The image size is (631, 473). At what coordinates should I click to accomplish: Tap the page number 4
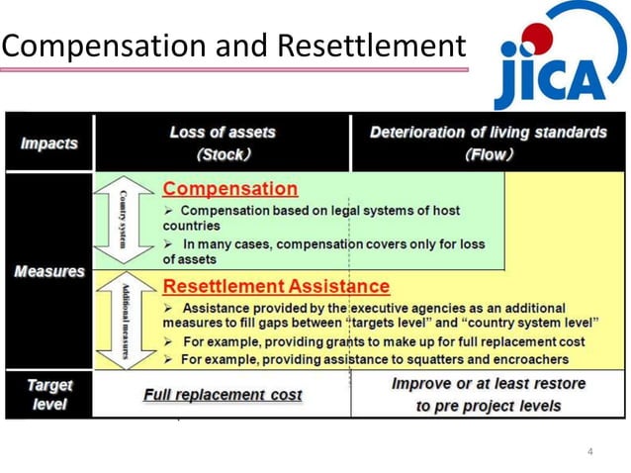pyautogui.click(x=590, y=452)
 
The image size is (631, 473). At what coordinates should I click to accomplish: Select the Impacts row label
pyautogui.click(x=48, y=143)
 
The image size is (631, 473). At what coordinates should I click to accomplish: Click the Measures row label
pyautogui.click(x=48, y=271)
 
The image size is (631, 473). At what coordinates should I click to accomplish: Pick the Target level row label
pyautogui.click(x=48, y=394)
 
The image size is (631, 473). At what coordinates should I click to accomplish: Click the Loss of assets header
pyautogui.click(x=223, y=132)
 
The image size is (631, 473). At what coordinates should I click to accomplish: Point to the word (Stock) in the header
pyautogui.click(x=223, y=154)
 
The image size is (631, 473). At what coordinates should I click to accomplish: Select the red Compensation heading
pyautogui.click(x=229, y=188)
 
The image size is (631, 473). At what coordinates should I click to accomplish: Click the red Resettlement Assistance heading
pyautogui.click(x=276, y=286)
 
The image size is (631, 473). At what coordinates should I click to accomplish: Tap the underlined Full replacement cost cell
pyautogui.click(x=223, y=394)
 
